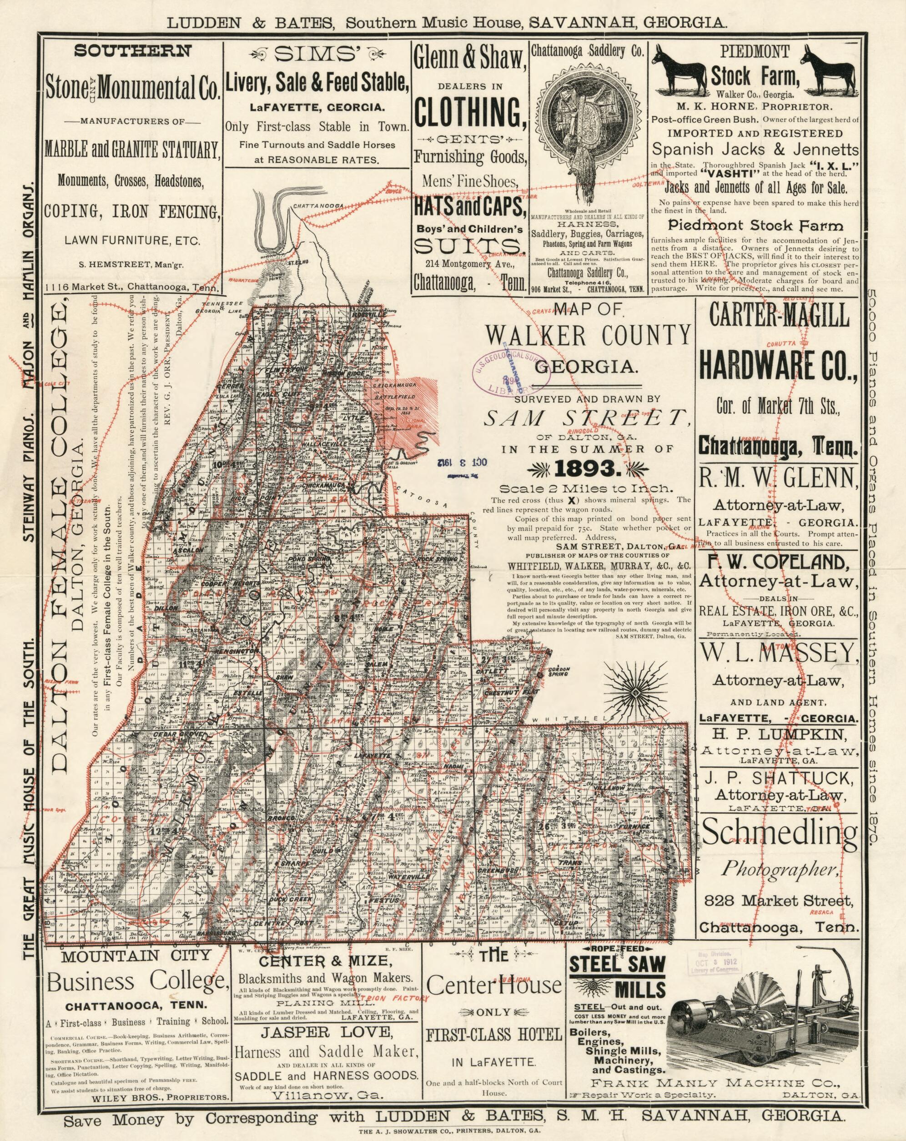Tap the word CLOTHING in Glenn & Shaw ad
pyautogui.click(x=470, y=113)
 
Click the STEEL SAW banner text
pyautogui.click(x=617, y=964)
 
